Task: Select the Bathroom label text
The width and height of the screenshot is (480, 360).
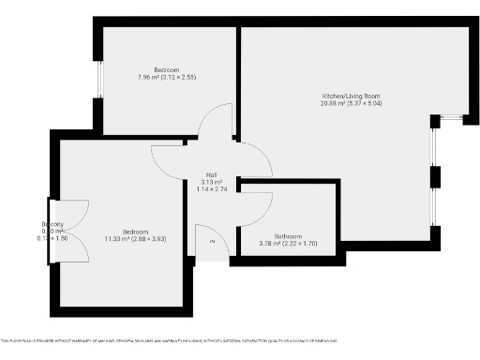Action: click(288, 236)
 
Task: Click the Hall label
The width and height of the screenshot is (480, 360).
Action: click(213, 174)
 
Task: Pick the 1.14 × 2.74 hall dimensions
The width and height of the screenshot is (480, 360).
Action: click(213, 189)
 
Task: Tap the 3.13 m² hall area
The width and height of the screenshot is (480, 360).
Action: click(213, 182)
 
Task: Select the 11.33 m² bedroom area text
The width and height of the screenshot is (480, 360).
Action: click(122, 238)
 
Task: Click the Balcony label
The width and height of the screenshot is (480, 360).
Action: click(52, 224)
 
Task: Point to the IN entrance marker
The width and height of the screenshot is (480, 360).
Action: click(212, 243)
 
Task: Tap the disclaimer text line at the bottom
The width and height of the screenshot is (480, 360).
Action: click(169, 340)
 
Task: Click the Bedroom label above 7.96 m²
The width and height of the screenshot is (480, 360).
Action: click(168, 69)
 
